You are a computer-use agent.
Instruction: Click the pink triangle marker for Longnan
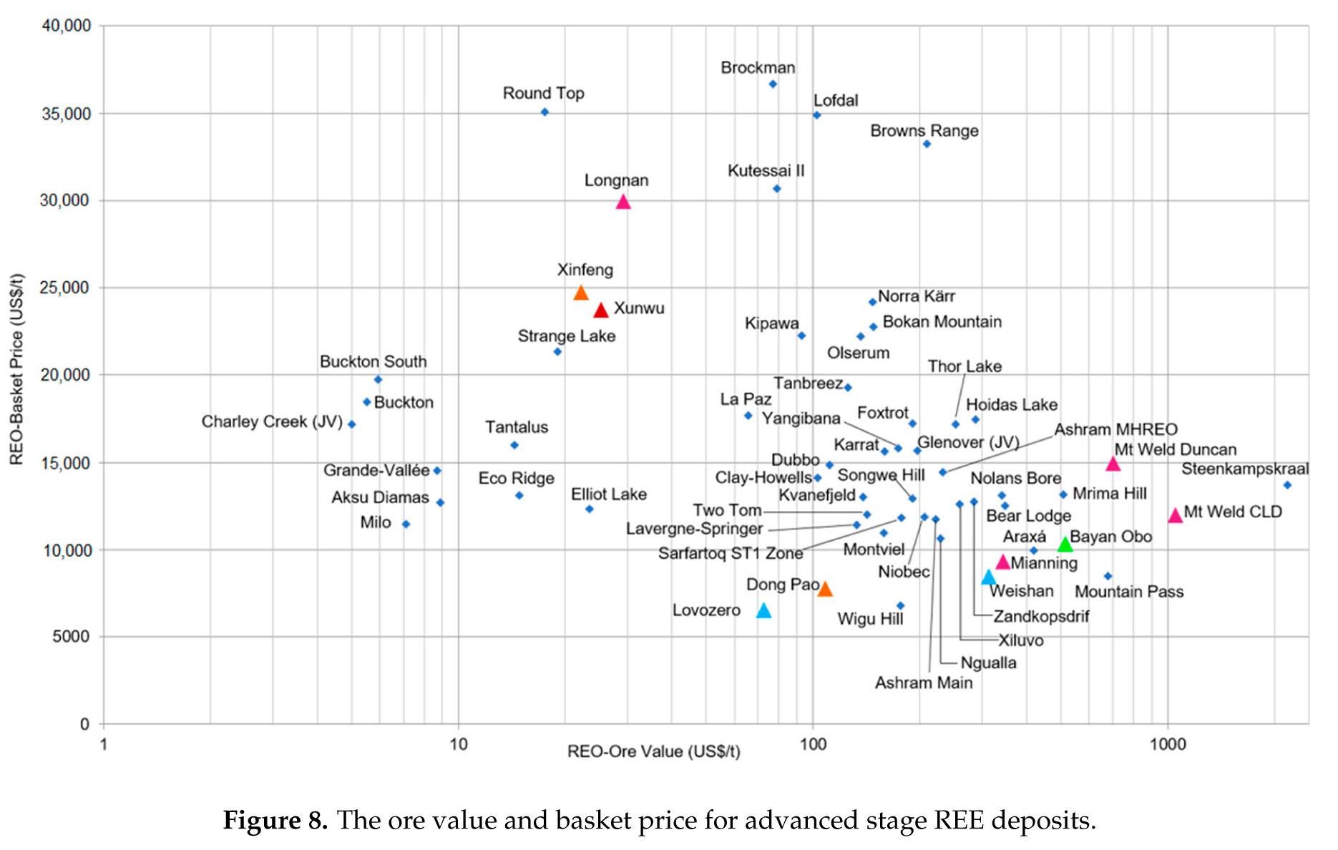(623, 202)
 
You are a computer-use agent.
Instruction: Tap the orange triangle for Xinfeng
(581, 293)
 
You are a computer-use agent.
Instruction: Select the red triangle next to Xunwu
(601, 310)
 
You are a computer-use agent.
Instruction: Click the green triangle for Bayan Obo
(1065, 544)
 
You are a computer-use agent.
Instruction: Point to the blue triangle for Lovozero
(764, 610)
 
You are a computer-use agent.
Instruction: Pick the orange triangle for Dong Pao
(825, 589)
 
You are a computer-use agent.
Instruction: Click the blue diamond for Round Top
(545, 112)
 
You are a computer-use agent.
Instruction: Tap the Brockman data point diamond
(773, 84)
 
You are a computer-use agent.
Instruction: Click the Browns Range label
(924, 131)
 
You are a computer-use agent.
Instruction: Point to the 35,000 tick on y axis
(65, 114)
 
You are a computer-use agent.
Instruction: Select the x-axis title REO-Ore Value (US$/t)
(653, 751)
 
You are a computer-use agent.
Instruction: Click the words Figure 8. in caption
(275, 820)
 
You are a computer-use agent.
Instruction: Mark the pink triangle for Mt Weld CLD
(1175, 515)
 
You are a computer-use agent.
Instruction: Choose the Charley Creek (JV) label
(272, 421)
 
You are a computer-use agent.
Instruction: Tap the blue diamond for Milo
(406, 524)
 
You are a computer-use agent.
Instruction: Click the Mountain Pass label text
(1128, 592)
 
